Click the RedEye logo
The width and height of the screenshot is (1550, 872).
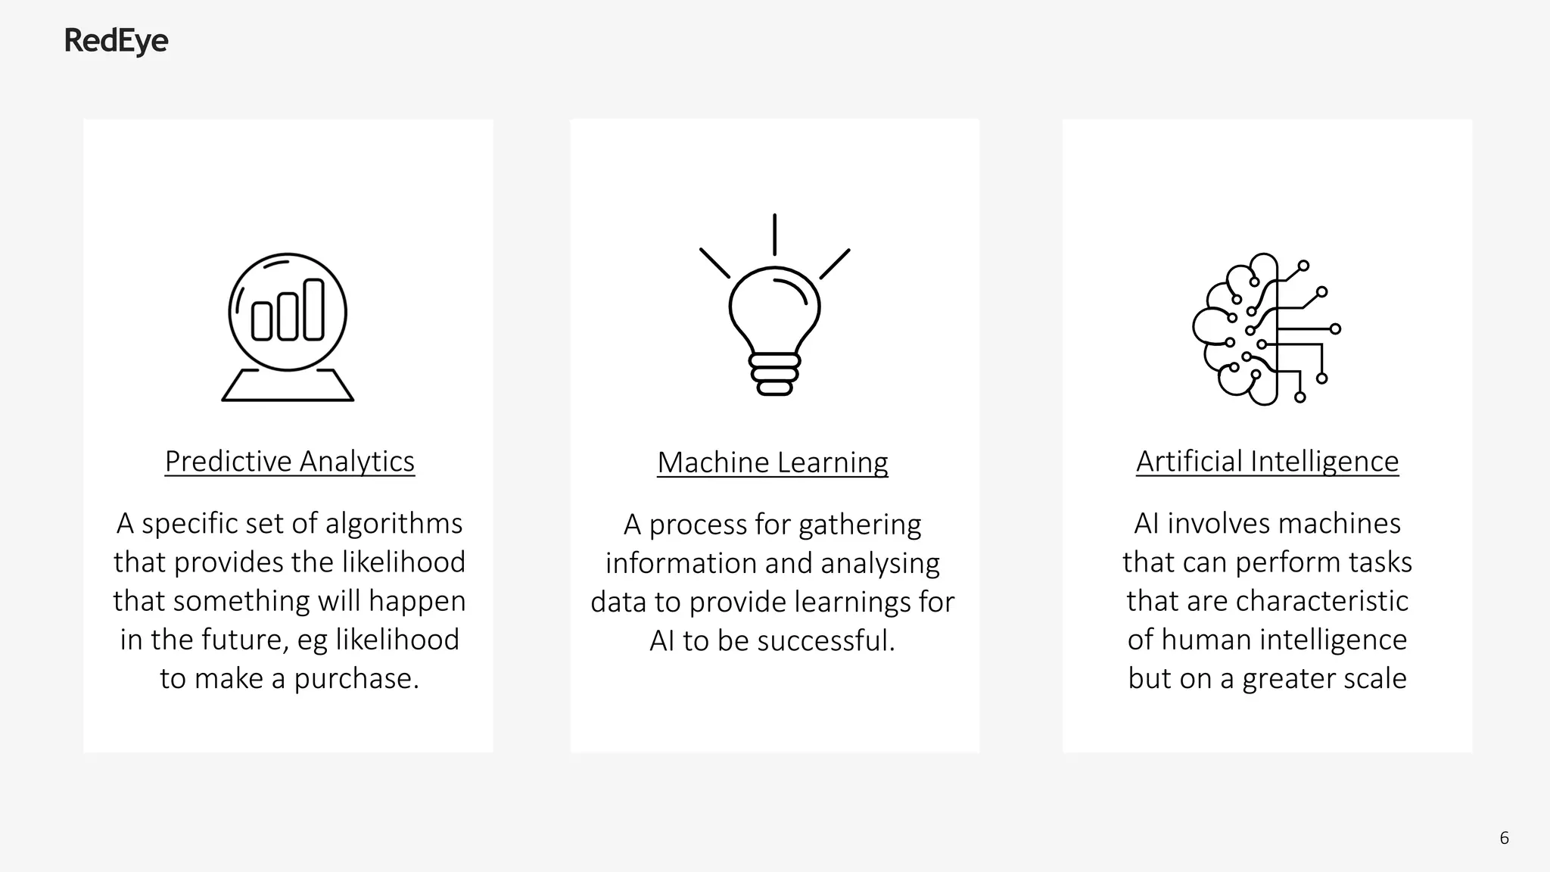pyautogui.click(x=116, y=41)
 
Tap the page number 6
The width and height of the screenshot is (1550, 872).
pyautogui.click(x=1504, y=838)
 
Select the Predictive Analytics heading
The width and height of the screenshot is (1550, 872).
pyautogui.click(x=290, y=461)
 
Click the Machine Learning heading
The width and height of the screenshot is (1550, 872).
pyautogui.click(x=773, y=462)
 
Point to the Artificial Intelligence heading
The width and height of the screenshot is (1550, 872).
pyautogui.click(x=1267, y=461)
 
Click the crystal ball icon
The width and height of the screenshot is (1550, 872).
pyautogui.click(x=288, y=326)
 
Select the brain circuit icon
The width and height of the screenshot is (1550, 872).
pyautogui.click(x=1265, y=329)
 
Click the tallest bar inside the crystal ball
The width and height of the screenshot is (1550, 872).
pyautogui.click(x=313, y=310)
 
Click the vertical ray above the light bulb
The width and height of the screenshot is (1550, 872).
pyautogui.click(x=774, y=235)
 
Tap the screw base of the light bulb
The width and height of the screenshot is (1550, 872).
pyautogui.click(x=774, y=374)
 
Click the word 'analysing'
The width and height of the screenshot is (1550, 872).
pyautogui.click(x=879, y=564)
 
